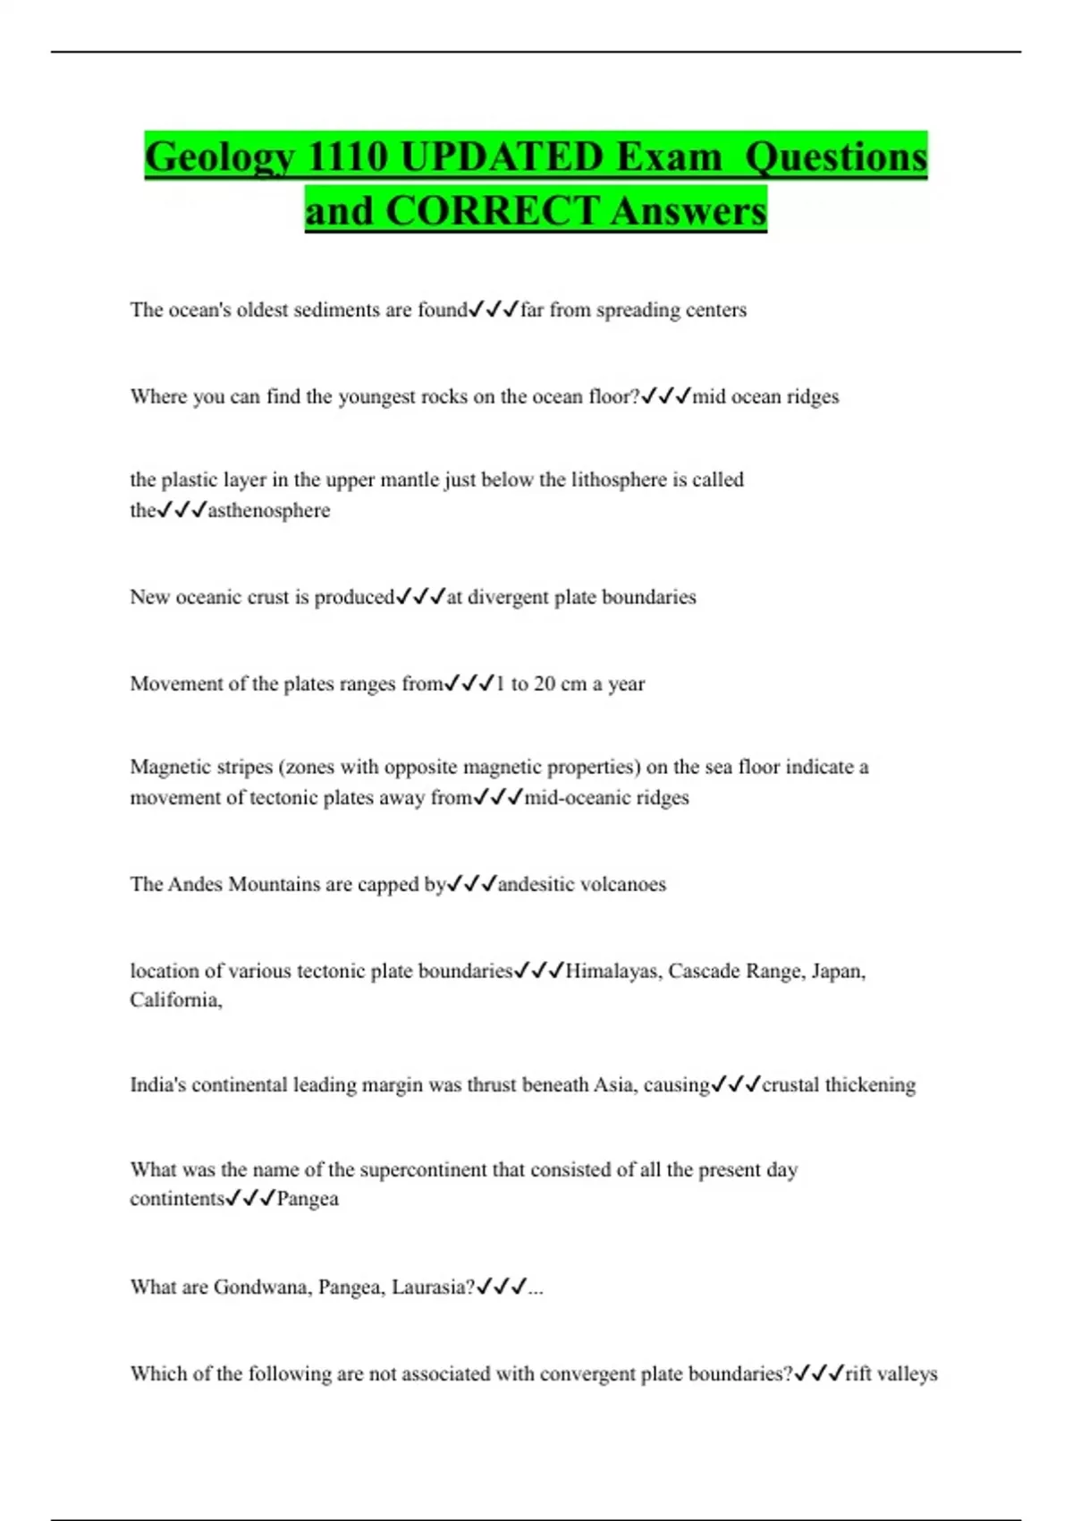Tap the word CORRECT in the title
(493, 211)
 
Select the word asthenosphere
(269, 511)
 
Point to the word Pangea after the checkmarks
(308, 1199)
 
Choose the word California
(174, 1000)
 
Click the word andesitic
(536, 884)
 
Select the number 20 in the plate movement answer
(545, 684)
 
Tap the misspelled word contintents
(176, 1199)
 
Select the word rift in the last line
(858, 1373)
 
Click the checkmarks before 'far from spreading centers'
(494, 310)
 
